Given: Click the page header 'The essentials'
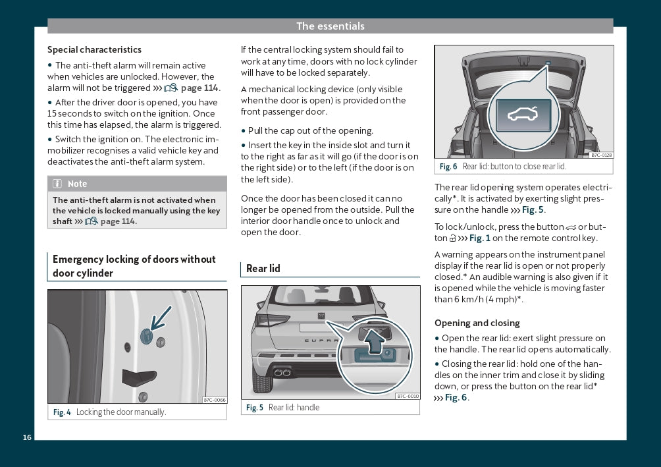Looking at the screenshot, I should pyautogui.click(x=330, y=26).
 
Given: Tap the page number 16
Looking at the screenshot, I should pyautogui.click(x=27, y=437).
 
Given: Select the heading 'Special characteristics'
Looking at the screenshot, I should pyautogui.click(x=94, y=49).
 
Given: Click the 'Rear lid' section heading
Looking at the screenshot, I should pyautogui.click(x=263, y=268).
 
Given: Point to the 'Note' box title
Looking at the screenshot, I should pyautogui.click(x=77, y=184).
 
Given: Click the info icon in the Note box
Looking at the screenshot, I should pyautogui.click(x=57, y=184).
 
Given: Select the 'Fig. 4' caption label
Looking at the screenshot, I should pyautogui.click(x=62, y=412).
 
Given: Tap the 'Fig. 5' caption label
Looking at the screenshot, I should pyautogui.click(x=255, y=408).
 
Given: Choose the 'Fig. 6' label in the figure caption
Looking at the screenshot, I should pyautogui.click(x=448, y=167).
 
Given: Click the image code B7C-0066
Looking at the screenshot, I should pyautogui.click(x=215, y=400).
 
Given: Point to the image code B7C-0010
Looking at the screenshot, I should pyautogui.click(x=408, y=396).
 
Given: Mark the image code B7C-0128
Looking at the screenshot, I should pyautogui.click(x=601, y=155).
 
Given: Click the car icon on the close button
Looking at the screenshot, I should pyautogui.click(x=523, y=113).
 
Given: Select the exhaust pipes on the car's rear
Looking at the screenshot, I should pyautogui.click(x=283, y=373).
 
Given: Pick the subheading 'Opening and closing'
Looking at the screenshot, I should pyautogui.click(x=477, y=323).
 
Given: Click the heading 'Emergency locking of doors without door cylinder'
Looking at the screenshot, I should pyautogui.click(x=134, y=266).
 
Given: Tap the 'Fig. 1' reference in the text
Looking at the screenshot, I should pyautogui.click(x=480, y=238).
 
